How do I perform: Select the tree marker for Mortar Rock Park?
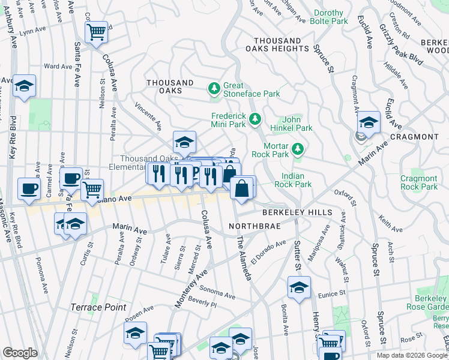point(297,148)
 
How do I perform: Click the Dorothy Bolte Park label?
point(328,17)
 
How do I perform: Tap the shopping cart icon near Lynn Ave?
point(96,31)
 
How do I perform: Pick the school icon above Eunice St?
point(298,287)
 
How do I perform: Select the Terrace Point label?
point(98,307)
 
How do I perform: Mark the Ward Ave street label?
point(59,67)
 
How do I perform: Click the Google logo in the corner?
point(20,353)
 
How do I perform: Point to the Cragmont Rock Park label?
point(418,182)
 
